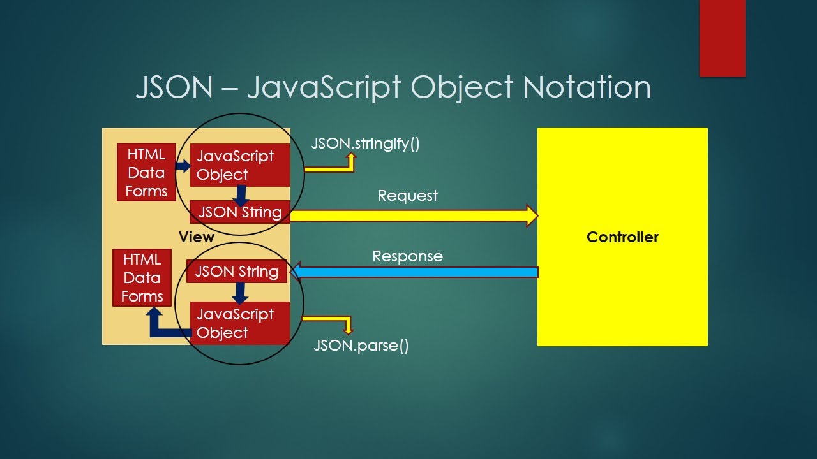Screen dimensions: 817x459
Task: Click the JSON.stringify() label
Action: [x=365, y=143]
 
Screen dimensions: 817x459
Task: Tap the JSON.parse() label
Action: [x=361, y=346]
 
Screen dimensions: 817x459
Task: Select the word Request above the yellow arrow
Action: [x=407, y=196]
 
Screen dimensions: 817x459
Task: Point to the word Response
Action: [x=407, y=256]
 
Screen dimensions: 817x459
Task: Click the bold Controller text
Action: [x=622, y=237]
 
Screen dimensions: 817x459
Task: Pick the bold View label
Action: [x=197, y=237]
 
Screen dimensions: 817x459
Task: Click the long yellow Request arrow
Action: [x=414, y=215]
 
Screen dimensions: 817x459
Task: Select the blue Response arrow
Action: [x=414, y=272]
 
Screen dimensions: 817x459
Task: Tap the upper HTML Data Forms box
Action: [x=146, y=172]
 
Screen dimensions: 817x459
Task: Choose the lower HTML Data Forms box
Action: [x=142, y=277]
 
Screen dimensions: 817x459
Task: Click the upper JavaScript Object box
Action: [x=240, y=165]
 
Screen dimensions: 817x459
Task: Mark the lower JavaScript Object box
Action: [x=240, y=323]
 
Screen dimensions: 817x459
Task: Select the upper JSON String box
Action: [x=240, y=212]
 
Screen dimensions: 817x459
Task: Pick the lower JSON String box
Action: [x=237, y=272]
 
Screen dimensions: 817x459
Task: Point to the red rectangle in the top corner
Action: [x=722, y=38]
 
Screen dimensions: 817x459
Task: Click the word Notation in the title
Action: [x=587, y=87]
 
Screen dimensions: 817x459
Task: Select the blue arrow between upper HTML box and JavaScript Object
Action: [x=183, y=166]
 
